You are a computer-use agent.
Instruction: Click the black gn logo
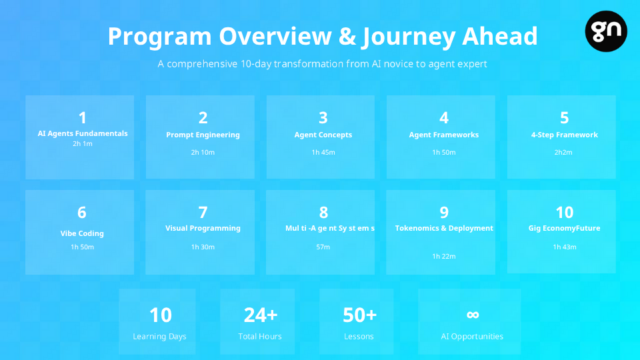coord(606,31)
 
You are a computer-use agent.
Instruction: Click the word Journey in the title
coord(409,37)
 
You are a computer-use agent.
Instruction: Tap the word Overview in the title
coord(275,36)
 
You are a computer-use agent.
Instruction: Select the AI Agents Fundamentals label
coord(83,133)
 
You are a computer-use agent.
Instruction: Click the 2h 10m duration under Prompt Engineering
coord(203,152)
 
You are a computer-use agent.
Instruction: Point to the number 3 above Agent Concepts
coord(323,118)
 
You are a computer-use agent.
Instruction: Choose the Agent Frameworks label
coord(444,135)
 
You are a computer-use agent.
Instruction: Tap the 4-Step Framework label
coord(565,135)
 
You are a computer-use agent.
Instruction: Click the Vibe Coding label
coord(82,233)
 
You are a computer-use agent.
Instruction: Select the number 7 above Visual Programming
coord(203,212)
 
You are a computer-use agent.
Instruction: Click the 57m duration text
coord(323,247)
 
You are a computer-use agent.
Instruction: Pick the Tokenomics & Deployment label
coord(444,228)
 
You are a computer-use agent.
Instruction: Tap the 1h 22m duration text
coord(444,256)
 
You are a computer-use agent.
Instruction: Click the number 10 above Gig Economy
coord(565,212)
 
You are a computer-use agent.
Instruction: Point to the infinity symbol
coord(473,314)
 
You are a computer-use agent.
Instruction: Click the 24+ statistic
coord(261,315)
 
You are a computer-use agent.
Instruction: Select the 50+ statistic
coord(359,315)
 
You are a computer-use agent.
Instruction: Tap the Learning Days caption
coord(159,336)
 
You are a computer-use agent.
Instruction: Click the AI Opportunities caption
coord(472,336)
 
